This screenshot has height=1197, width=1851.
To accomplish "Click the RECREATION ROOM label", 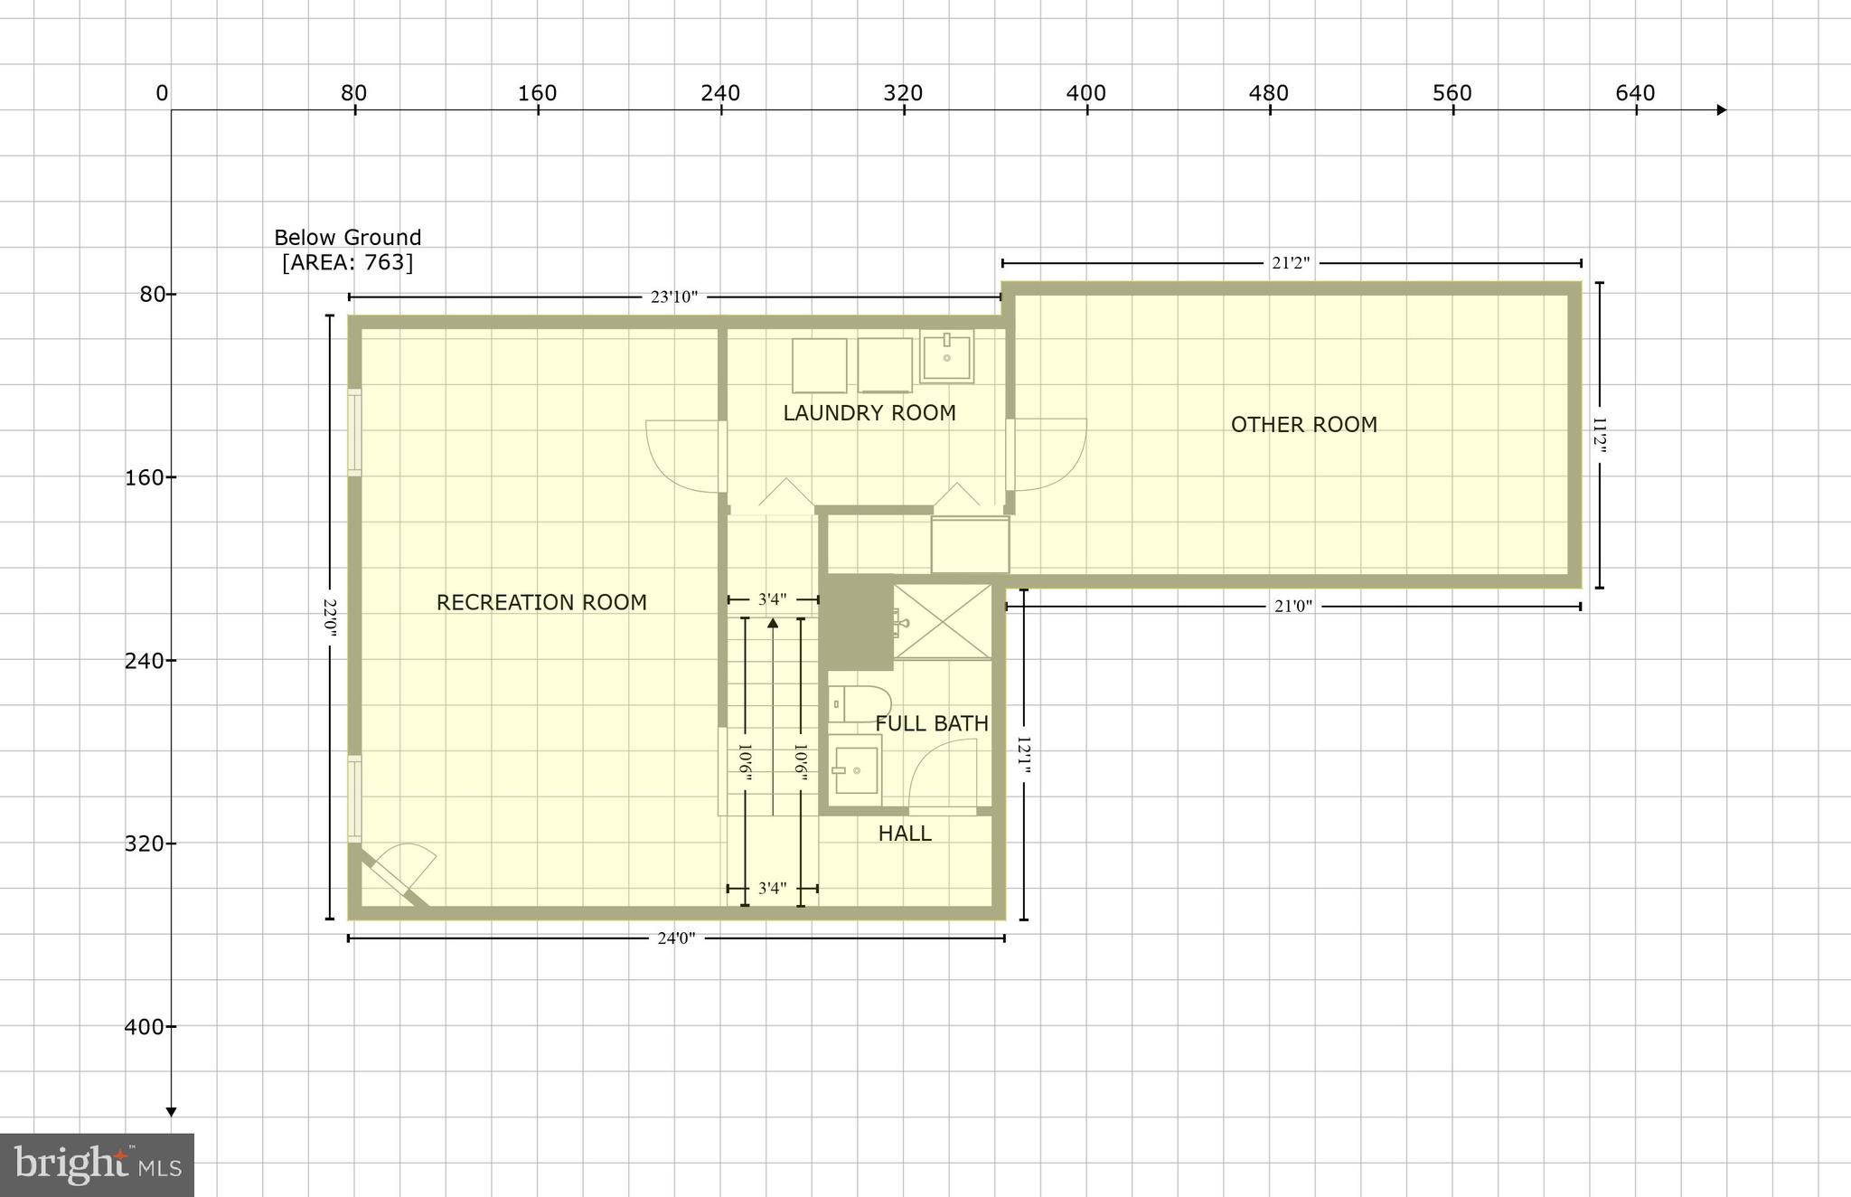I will pos(541,602).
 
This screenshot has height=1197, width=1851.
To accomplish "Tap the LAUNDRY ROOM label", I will pos(869,413).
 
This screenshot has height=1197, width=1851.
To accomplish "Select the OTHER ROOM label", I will pos(1303,425).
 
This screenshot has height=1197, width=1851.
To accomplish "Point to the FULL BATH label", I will pos(931,723).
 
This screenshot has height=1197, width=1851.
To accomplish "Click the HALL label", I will pos(904,834).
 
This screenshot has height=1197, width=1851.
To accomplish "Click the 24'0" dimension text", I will pos(676,938).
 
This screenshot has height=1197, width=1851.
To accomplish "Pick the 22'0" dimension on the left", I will pos(330,617).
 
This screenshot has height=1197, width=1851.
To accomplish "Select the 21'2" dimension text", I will pos(1291,263).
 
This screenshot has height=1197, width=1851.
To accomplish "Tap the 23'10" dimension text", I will pos(673,297).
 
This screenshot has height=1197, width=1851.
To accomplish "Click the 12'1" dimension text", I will pos(1023,755).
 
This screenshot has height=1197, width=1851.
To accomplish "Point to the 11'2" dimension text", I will pos(1599,435).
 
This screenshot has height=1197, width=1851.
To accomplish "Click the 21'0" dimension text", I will pos(1292,607).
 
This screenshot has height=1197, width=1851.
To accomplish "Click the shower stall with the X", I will pos(943,621).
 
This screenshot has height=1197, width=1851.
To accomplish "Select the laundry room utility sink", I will pos(946,356).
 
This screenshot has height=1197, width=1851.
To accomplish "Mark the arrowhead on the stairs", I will pos(773,622).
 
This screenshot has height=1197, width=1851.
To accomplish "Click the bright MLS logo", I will pos(97,1164).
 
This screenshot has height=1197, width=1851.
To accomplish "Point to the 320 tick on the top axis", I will pos(904,94).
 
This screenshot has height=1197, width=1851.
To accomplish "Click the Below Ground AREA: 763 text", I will pos(348,250).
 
